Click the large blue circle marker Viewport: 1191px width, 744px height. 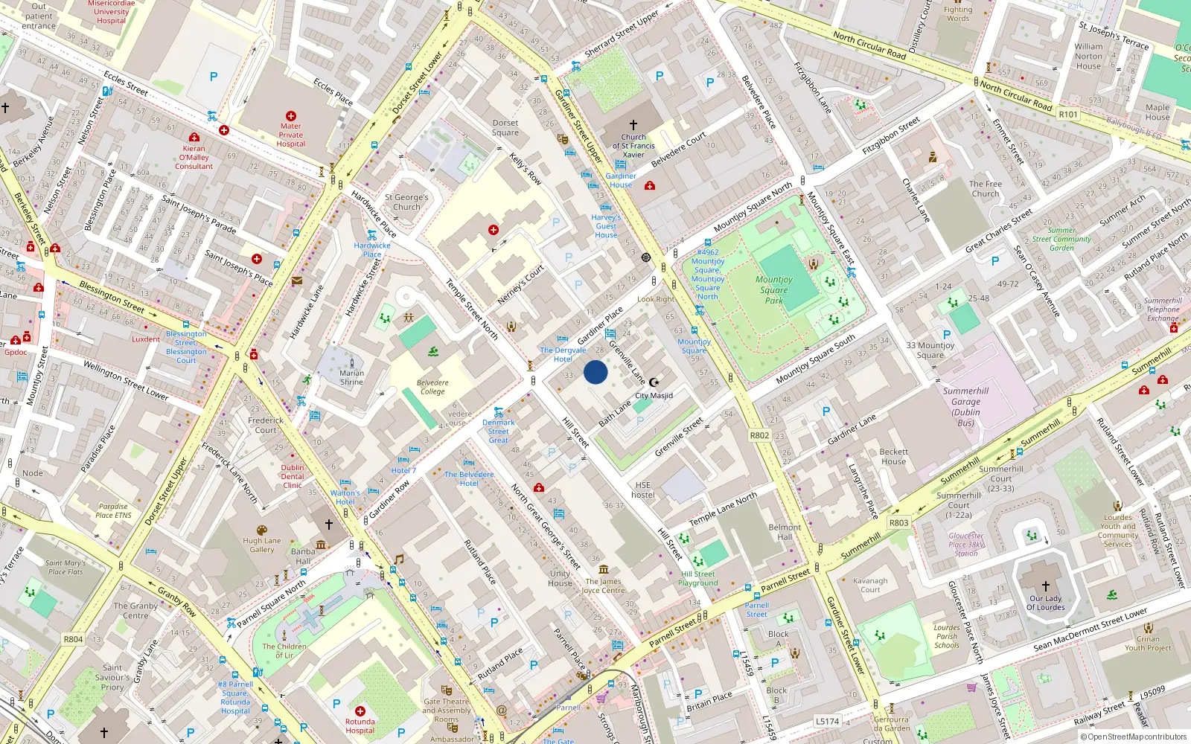pos(595,372)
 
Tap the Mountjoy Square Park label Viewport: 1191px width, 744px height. pos(774,290)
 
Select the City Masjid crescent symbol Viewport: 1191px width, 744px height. pos(654,382)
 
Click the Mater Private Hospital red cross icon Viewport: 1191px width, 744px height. pos(291,116)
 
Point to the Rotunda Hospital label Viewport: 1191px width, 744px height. pos(360,726)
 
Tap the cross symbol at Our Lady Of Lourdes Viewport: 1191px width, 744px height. pos(1045,586)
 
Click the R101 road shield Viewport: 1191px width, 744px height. pos(1068,114)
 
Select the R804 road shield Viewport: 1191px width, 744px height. pos(73,639)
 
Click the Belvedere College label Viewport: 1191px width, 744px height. pos(432,387)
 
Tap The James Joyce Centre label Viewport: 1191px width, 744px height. pos(603,586)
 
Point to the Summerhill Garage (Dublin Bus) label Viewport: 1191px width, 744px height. pos(965,406)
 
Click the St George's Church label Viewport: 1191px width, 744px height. pos(406,202)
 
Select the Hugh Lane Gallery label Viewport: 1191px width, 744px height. pos(262,545)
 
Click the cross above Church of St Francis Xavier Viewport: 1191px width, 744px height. pos(633,125)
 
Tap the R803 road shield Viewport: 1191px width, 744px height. pos(898,522)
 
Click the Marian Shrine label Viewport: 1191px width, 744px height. pos(351,378)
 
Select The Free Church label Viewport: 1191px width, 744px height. pos(986,188)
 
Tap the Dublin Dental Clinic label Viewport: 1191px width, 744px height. pos(293,476)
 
